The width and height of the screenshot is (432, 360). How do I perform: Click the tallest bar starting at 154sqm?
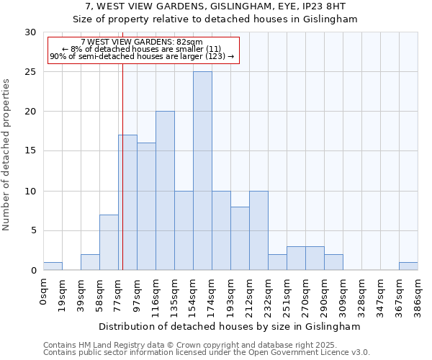point(202,171)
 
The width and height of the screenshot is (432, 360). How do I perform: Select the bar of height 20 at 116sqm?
point(165,191)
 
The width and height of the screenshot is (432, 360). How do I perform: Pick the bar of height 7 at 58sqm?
point(109,242)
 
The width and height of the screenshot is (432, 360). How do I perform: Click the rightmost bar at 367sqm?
point(408,266)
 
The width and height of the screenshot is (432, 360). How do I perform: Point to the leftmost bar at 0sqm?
point(53,266)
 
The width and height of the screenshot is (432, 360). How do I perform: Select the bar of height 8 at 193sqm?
point(240,238)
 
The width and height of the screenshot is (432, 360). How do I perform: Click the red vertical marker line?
point(123,180)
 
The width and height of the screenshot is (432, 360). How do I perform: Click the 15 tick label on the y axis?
point(30,151)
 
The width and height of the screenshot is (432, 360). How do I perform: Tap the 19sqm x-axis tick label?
point(62,294)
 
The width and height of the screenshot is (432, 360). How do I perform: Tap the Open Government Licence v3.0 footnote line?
point(207,352)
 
